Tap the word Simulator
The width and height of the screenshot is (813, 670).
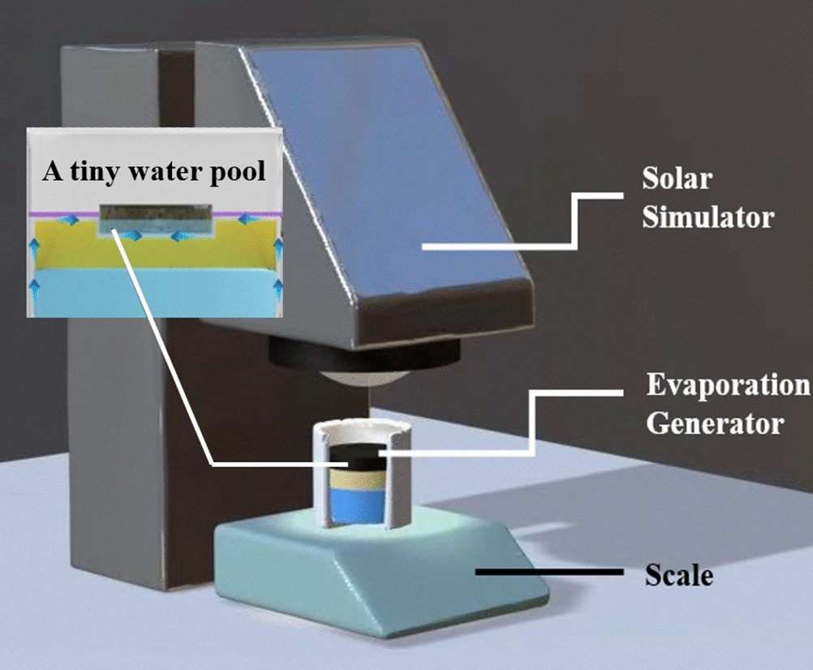(x=708, y=217)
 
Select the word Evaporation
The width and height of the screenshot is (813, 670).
(x=728, y=384)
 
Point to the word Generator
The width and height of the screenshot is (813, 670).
(x=714, y=423)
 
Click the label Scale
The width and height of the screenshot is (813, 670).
(x=678, y=575)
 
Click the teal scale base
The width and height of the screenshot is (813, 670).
(x=381, y=568)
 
